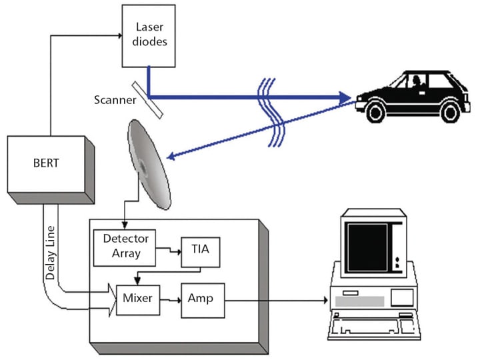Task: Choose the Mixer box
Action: (138, 299)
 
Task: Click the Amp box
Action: (201, 299)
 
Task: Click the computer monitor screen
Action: (367, 246)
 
